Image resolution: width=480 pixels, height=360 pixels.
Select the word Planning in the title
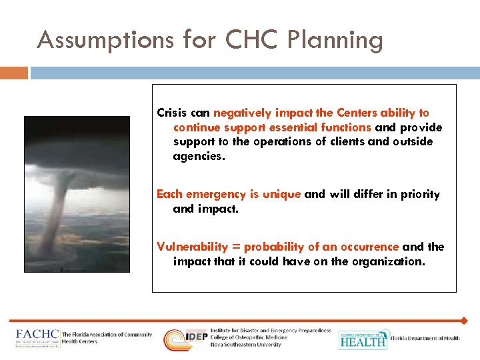337,41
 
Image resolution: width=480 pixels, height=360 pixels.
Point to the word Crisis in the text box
170,113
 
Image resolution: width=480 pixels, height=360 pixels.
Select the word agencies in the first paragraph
199,157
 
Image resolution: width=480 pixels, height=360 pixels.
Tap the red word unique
281,194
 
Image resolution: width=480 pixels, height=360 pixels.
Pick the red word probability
274,247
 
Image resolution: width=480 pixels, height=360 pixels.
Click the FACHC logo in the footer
37,339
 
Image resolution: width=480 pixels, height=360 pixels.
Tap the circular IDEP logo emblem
177,339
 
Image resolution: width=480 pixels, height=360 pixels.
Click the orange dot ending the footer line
464,321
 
